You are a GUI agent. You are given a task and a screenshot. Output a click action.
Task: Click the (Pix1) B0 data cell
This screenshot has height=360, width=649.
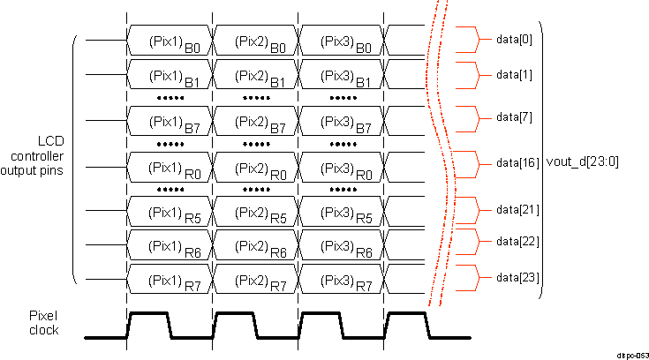[x=170, y=41]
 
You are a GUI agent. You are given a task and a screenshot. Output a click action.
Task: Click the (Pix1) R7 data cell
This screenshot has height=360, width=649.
[x=170, y=280]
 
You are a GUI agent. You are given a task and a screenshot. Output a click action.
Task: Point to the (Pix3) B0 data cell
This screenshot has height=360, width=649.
[x=343, y=41]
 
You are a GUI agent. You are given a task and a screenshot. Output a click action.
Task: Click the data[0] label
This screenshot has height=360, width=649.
[x=514, y=41]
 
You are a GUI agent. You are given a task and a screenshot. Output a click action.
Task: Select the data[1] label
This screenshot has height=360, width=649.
[x=514, y=75]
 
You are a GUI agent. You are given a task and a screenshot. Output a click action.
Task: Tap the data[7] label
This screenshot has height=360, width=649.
[x=514, y=116]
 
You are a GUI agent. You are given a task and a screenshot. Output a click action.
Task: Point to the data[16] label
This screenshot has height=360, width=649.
[x=517, y=163]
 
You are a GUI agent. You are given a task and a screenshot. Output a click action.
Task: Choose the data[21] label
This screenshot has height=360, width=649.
[x=517, y=209]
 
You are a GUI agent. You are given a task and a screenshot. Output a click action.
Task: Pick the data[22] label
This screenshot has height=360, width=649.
[x=517, y=240]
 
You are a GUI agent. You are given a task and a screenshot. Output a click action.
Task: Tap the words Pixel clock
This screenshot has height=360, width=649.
[x=44, y=322]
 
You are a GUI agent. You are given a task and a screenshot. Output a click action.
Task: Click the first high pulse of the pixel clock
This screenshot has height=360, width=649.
[x=148, y=313]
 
